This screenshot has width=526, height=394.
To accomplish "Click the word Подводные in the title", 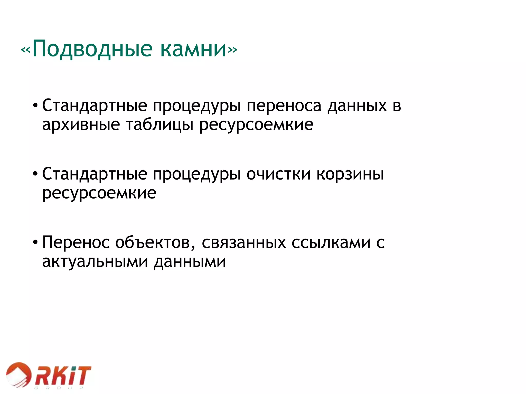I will point(92,49).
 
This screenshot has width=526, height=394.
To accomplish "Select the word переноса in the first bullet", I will point(284,106).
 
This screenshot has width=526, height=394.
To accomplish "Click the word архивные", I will point(81,125).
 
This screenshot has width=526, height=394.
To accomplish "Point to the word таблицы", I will point(159,125).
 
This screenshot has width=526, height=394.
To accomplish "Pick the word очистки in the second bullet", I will point(278,174).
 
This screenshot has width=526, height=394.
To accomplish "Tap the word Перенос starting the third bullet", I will point(76,242).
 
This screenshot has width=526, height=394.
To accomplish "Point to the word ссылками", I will point(331,242).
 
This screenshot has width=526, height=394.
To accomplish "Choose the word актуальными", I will point(95,262).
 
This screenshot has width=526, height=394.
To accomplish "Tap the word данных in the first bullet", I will point(357,106).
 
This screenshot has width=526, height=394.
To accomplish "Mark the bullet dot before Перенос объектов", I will point(35,243).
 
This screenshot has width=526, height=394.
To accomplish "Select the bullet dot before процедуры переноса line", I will point(35,106).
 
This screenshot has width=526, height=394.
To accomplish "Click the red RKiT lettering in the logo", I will point(63,376).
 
